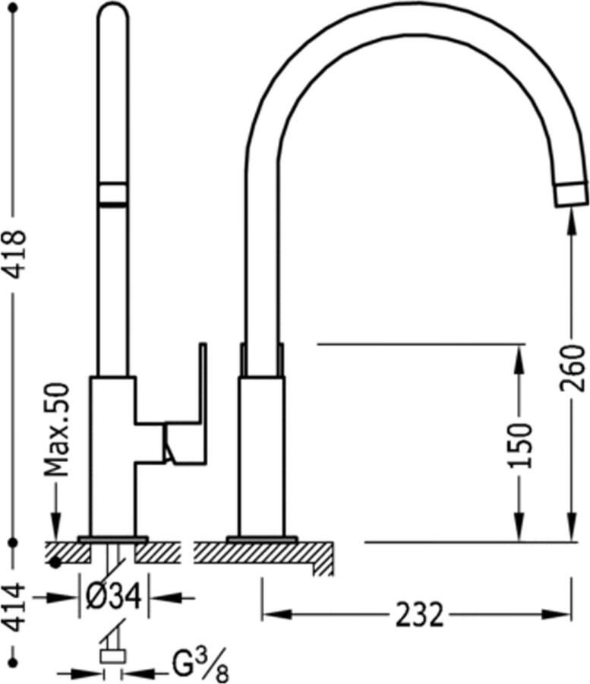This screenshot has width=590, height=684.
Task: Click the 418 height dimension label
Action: tap(15, 255)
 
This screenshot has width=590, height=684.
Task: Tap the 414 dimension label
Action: tap(15, 608)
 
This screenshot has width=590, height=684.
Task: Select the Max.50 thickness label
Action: tap(57, 429)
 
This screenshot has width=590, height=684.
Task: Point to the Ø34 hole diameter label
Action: tap(114, 597)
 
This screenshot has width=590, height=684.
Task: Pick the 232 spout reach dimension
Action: tap(420, 615)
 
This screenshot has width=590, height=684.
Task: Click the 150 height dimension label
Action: tap(521, 445)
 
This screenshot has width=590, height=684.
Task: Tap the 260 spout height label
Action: tap(573, 368)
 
